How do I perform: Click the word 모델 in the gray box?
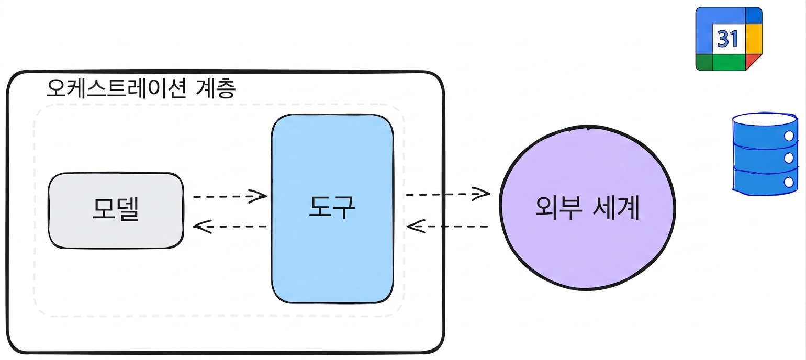click(x=116, y=209)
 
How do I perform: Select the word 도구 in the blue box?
click(x=332, y=207)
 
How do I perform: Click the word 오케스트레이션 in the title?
click(x=116, y=88)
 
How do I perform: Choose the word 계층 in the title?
click(x=216, y=88)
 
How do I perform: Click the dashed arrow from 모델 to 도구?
click(x=230, y=196)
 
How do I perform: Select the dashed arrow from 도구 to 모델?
click(x=230, y=227)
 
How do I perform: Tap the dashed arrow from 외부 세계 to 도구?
click(x=447, y=227)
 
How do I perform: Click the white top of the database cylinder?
click(x=765, y=119)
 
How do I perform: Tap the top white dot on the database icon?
click(x=789, y=136)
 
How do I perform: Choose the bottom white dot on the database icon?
click(x=788, y=182)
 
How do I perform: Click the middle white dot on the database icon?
click(x=789, y=158)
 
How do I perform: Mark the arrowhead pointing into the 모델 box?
click(x=201, y=227)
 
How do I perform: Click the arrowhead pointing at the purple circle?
click(x=482, y=194)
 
